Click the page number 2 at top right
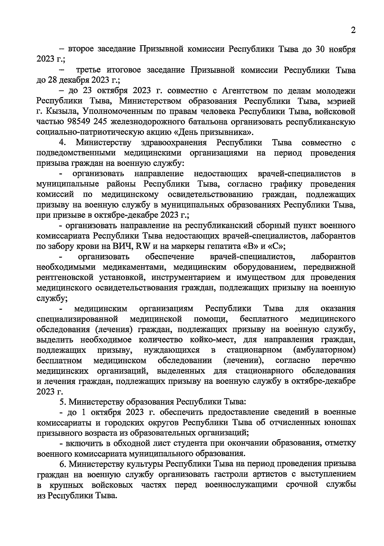(x=353, y=30)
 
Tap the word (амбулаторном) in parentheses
(x=324, y=349)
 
